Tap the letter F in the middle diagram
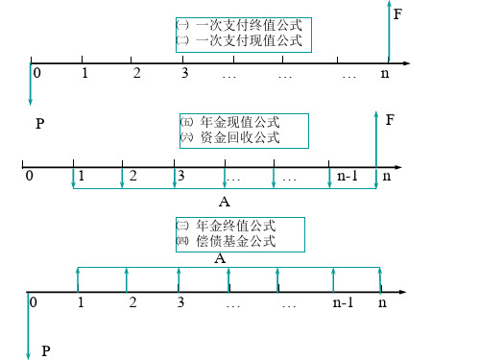click(x=391, y=120)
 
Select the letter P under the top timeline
click(x=39, y=124)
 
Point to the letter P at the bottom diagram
click(x=45, y=352)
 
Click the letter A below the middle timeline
click(x=225, y=202)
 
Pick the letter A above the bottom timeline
click(x=220, y=258)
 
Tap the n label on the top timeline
click(x=386, y=74)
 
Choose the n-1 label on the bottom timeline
click(x=343, y=302)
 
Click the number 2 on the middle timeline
click(x=132, y=176)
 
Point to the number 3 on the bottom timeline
click(x=180, y=302)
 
